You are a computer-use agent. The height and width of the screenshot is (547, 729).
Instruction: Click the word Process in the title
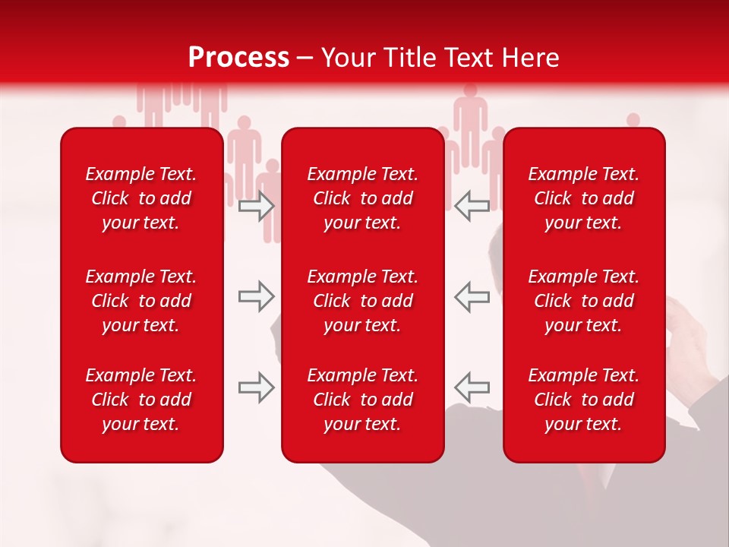point(238,57)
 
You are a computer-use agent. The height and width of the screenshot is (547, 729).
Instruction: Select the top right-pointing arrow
point(257,206)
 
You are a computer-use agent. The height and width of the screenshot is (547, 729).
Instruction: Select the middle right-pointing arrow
point(257,296)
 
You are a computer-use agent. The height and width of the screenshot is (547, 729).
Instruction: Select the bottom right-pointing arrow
point(257,387)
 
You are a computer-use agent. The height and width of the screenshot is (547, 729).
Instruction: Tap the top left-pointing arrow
point(472,206)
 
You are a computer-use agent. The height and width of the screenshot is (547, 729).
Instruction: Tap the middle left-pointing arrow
point(472,296)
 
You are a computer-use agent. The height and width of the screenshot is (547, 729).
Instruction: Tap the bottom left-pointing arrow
point(472,387)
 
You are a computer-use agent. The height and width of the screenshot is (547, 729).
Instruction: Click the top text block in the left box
point(141,198)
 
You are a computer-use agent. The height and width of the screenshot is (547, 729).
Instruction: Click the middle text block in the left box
point(141,301)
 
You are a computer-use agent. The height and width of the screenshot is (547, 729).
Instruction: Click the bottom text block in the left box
point(141,400)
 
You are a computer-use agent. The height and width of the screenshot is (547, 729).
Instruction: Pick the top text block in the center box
point(362,198)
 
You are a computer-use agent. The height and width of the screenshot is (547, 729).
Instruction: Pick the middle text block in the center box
point(362,301)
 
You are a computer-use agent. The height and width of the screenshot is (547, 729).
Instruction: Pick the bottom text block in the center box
point(362,400)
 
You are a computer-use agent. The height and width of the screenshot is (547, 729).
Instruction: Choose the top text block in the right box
point(583,198)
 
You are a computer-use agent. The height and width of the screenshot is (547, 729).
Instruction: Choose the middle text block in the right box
point(583,301)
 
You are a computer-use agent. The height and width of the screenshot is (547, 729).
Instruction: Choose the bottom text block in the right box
point(583,400)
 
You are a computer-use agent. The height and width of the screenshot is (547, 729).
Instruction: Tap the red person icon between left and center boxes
point(245,152)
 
